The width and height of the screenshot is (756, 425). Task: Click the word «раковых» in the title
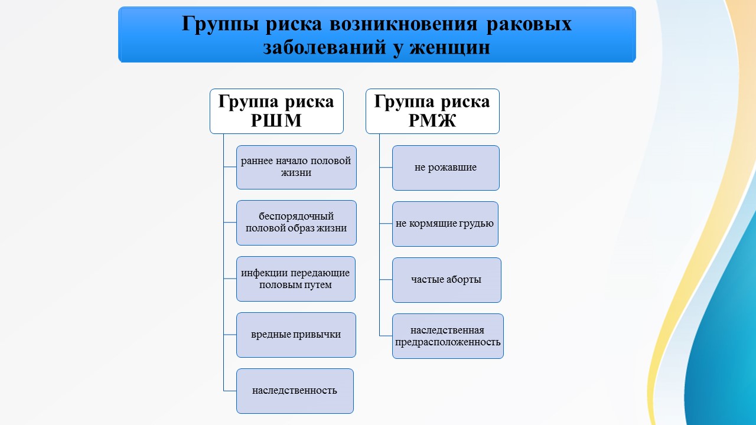pos(529,24)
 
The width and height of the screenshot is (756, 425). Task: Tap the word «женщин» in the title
pos(449,48)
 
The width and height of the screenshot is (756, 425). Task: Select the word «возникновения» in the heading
pos(403,24)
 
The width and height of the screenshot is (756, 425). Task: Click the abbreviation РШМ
pos(276,121)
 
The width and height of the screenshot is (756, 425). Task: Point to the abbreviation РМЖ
pos(432,121)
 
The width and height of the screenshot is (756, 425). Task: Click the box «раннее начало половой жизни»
pos(296,167)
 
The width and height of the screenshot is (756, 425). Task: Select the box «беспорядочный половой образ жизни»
pos(296,223)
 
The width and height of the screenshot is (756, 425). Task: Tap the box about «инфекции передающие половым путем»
pos(296,279)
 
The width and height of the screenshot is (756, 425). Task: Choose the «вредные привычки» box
pos(296,335)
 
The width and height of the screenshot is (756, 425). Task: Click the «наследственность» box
pos(295,391)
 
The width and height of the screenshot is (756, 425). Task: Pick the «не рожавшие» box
pos(446,168)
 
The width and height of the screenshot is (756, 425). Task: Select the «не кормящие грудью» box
pos(445,224)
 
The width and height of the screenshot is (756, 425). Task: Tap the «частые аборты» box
pos(447,280)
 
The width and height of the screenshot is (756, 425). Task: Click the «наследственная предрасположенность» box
pos(448,336)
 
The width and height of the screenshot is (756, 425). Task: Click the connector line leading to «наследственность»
pos(230,391)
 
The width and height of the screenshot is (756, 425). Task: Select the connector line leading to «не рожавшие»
pos(386,167)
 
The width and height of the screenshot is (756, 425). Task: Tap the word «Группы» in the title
pos(220,24)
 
